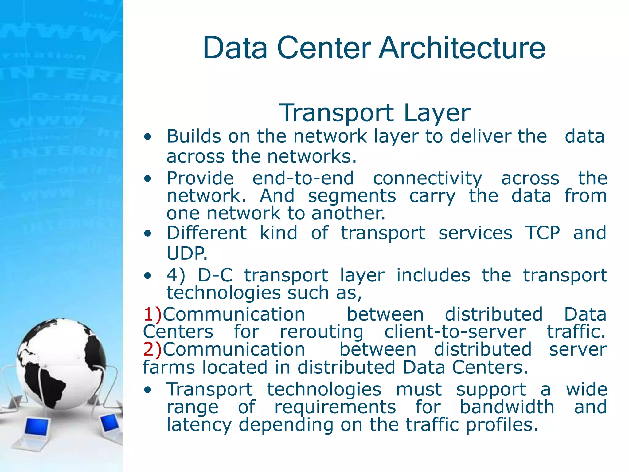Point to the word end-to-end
303,178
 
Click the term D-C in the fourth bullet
215,275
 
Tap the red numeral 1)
152,314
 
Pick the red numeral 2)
152,349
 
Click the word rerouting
322,332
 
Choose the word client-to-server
455,332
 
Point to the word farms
169,367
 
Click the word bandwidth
507,407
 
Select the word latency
199,425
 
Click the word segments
352,196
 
